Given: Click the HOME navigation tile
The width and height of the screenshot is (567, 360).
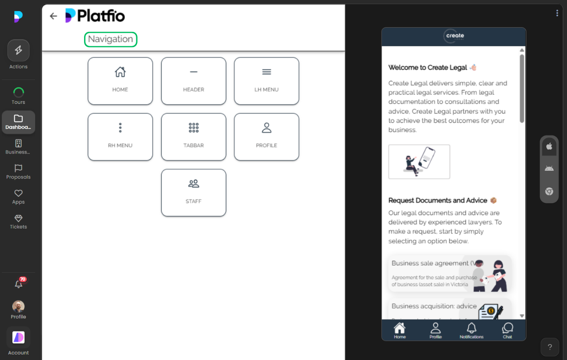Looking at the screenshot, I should click(x=120, y=81).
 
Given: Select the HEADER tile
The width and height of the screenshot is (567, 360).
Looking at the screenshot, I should click(x=193, y=81).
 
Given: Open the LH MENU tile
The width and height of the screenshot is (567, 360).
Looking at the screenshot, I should click(x=266, y=81).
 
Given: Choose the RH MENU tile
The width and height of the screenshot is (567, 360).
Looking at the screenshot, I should click(x=120, y=137).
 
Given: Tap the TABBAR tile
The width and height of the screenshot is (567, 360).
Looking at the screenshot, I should click(x=193, y=137).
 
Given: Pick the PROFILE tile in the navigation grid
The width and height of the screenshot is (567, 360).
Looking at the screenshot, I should click(x=266, y=137).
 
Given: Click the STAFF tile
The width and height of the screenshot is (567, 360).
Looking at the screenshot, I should click(x=193, y=192).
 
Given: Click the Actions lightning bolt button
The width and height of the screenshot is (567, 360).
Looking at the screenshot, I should click(x=18, y=51).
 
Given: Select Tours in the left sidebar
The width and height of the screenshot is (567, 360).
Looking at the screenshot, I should click(x=18, y=96).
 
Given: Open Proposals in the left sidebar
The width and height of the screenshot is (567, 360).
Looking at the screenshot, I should click(x=18, y=172).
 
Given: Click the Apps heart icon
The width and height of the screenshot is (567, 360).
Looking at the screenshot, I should click(x=18, y=193).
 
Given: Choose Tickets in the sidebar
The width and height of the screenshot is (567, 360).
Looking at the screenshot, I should click(x=18, y=222).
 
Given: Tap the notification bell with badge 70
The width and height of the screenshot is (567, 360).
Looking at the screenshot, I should click(x=18, y=284).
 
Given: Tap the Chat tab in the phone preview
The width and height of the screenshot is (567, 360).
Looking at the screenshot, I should click(x=507, y=330).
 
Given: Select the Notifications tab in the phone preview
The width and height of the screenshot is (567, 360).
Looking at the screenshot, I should click(x=471, y=330).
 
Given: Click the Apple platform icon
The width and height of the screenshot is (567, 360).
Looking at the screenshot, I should click(x=549, y=146).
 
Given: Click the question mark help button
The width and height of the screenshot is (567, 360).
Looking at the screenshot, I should click(x=549, y=347).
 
